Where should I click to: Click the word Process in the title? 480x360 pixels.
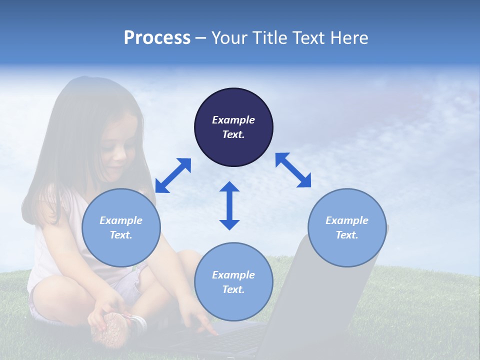point(157,38)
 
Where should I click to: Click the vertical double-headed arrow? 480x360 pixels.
point(229,205)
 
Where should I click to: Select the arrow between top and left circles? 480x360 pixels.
point(173,175)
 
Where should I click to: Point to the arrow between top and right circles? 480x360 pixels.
point(293,170)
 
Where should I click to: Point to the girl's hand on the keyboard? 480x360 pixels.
point(202,325)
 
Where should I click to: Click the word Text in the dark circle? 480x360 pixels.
point(233,134)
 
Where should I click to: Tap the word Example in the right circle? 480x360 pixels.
point(347,220)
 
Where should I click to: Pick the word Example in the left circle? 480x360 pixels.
point(121,220)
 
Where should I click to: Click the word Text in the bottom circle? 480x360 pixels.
point(233,289)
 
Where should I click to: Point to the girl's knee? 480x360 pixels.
point(50,290)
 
